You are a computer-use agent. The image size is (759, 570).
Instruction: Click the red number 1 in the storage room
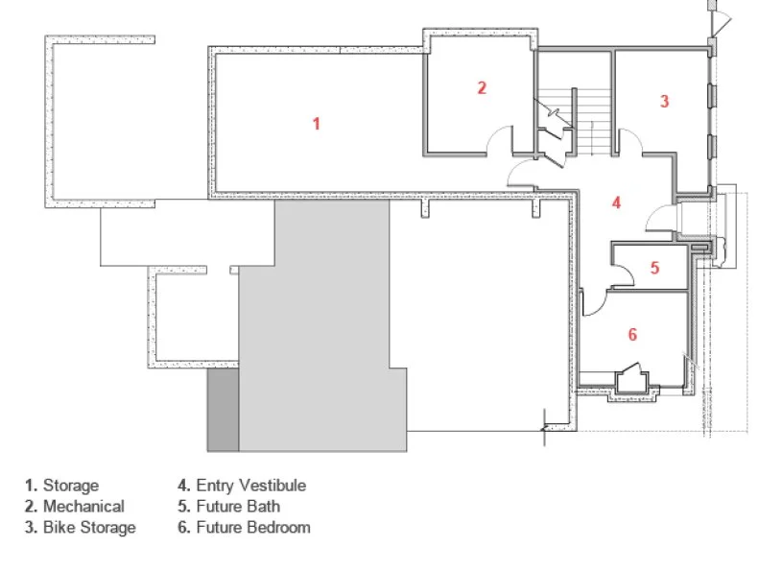[316, 124]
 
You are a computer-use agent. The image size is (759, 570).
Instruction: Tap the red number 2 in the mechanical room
[482, 87]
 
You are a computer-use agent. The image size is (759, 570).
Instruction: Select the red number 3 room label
[665, 101]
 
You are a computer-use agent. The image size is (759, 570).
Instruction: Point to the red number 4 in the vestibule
[616, 202]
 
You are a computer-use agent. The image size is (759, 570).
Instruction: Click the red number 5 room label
[654, 268]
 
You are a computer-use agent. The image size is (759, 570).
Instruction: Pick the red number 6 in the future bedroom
[632, 334]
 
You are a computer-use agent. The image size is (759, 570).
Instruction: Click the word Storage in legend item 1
[71, 486]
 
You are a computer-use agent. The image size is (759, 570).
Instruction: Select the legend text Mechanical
[83, 507]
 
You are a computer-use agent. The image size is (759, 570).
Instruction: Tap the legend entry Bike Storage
[89, 528]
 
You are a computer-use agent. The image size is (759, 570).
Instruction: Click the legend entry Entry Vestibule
[251, 486]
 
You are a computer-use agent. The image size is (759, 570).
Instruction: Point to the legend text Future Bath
[238, 507]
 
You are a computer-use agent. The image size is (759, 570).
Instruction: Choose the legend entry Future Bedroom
[253, 528]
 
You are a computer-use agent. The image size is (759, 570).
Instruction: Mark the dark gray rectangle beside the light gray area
[224, 410]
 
